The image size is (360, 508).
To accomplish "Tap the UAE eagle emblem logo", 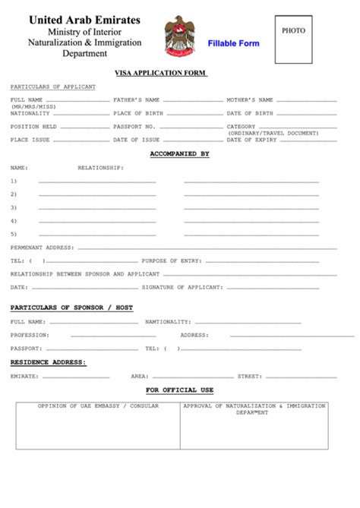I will tap(180, 36).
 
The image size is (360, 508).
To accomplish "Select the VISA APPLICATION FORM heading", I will tap(161, 73).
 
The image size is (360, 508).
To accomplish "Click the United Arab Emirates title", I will tap(84, 21).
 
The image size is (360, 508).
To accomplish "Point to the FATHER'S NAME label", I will tap(137, 99).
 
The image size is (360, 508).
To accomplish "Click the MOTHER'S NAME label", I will tap(250, 99).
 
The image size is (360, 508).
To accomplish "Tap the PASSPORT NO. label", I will tap(134, 127).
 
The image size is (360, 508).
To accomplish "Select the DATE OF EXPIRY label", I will tap(251, 140).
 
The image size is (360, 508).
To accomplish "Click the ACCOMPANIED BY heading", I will tap(179, 153).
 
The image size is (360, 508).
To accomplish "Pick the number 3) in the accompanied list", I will tap(14, 207).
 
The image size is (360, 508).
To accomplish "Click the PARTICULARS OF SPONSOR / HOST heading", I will tap(71, 308).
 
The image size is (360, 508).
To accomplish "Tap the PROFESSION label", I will tap(30, 335).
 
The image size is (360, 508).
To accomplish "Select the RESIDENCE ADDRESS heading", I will tap(48, 362).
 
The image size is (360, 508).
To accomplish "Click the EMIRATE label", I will tap(24, 376).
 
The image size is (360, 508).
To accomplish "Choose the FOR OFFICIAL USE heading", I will tap(180, 390).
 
